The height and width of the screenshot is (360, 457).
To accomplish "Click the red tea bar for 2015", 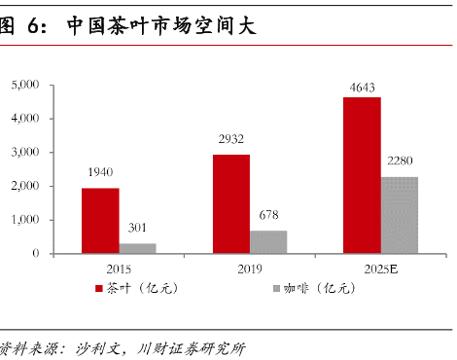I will pyautogui.click(x=100, y=221).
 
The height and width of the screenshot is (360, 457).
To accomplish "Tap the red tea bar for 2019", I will pyautogui.click(x=231, y=204).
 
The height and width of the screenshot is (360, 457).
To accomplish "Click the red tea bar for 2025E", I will pyautogui.click(x=362, y=175).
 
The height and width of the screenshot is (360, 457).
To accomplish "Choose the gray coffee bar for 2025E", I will pyautogui.click(x=399, y=215).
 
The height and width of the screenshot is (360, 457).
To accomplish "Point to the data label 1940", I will pyautogui.click(x=100, y=173).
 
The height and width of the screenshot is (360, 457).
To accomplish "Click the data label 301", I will pyautogui.click(x=137, y=229).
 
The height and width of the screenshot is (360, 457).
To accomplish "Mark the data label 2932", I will pyautogui.click(x=231, y=139).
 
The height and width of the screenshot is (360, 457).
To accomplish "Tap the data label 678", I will pyautogui.click(x=268, y=215).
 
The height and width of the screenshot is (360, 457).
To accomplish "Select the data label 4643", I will pyautogui.click(x=362, y=88).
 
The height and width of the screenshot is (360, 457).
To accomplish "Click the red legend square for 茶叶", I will pyautogui.click(x=98, y=288).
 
